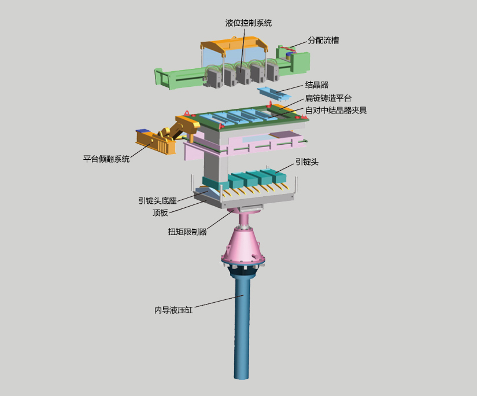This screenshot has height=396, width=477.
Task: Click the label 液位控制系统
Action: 248,23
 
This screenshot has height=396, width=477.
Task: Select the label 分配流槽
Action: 323,41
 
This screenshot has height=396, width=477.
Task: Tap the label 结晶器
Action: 317,85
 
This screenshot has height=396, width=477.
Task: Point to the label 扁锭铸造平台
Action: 328,98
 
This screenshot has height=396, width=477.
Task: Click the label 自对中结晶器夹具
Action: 336,110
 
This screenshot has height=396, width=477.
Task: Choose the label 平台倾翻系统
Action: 106,159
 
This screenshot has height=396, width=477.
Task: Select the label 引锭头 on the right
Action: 307,162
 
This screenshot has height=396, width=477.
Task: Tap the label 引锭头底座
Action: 157,200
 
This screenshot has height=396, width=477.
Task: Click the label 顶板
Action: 160,212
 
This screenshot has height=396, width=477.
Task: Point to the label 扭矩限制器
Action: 187,232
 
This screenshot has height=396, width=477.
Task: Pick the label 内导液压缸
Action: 173,310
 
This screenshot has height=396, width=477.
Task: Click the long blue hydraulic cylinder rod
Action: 242,326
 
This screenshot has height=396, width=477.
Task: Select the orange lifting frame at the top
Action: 234,46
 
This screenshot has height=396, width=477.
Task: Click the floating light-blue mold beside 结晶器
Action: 274,93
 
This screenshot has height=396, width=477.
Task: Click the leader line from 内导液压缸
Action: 219,302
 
